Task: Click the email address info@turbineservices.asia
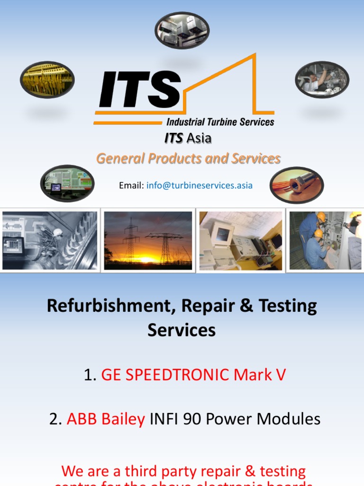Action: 200,186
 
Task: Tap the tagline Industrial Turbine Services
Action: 220,122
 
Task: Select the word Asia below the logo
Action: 199,138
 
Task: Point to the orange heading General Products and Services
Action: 188,159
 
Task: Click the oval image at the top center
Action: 182,30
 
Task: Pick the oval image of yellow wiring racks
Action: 47,79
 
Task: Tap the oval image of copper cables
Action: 297,185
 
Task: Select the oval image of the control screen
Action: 67,183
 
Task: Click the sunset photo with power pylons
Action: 148,241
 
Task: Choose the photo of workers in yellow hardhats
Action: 325,241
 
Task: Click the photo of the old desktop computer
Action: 240,241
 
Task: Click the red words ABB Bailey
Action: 106,419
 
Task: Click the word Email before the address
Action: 131,186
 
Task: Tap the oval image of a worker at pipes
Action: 322,79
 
